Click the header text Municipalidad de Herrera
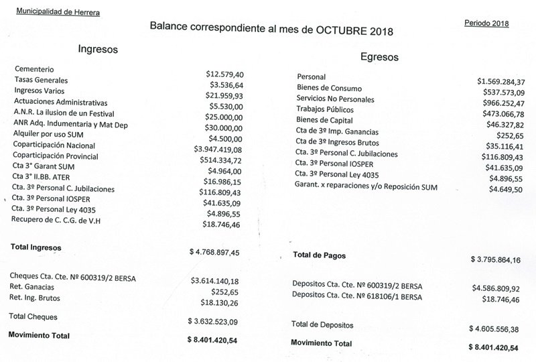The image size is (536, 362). (x=58, y=11)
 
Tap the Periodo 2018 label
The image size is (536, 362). (x=486, y=23)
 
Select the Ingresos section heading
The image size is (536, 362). (x=98, y=49)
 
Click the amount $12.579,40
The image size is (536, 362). (x=224, y=74)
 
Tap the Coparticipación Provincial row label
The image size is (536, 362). (x=56, y=156)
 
